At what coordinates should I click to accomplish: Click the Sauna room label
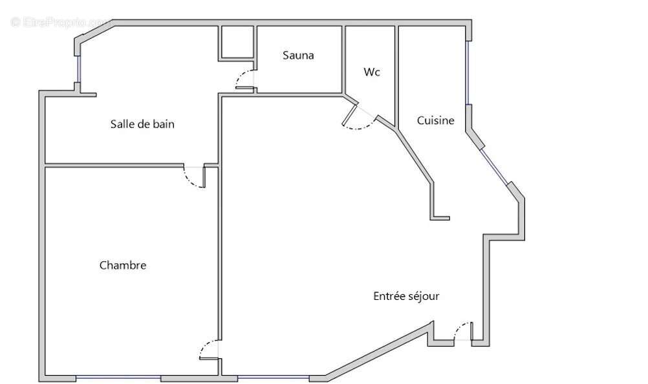298,56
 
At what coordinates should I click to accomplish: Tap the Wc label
371,72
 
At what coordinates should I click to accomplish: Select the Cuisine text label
435,120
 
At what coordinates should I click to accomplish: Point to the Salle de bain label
142,124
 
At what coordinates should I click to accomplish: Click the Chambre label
123,265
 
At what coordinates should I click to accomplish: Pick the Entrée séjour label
407,296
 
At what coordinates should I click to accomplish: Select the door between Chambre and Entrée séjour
209,350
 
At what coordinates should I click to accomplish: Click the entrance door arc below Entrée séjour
462,331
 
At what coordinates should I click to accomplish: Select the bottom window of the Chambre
118,378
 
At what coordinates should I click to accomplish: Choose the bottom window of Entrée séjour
274,378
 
